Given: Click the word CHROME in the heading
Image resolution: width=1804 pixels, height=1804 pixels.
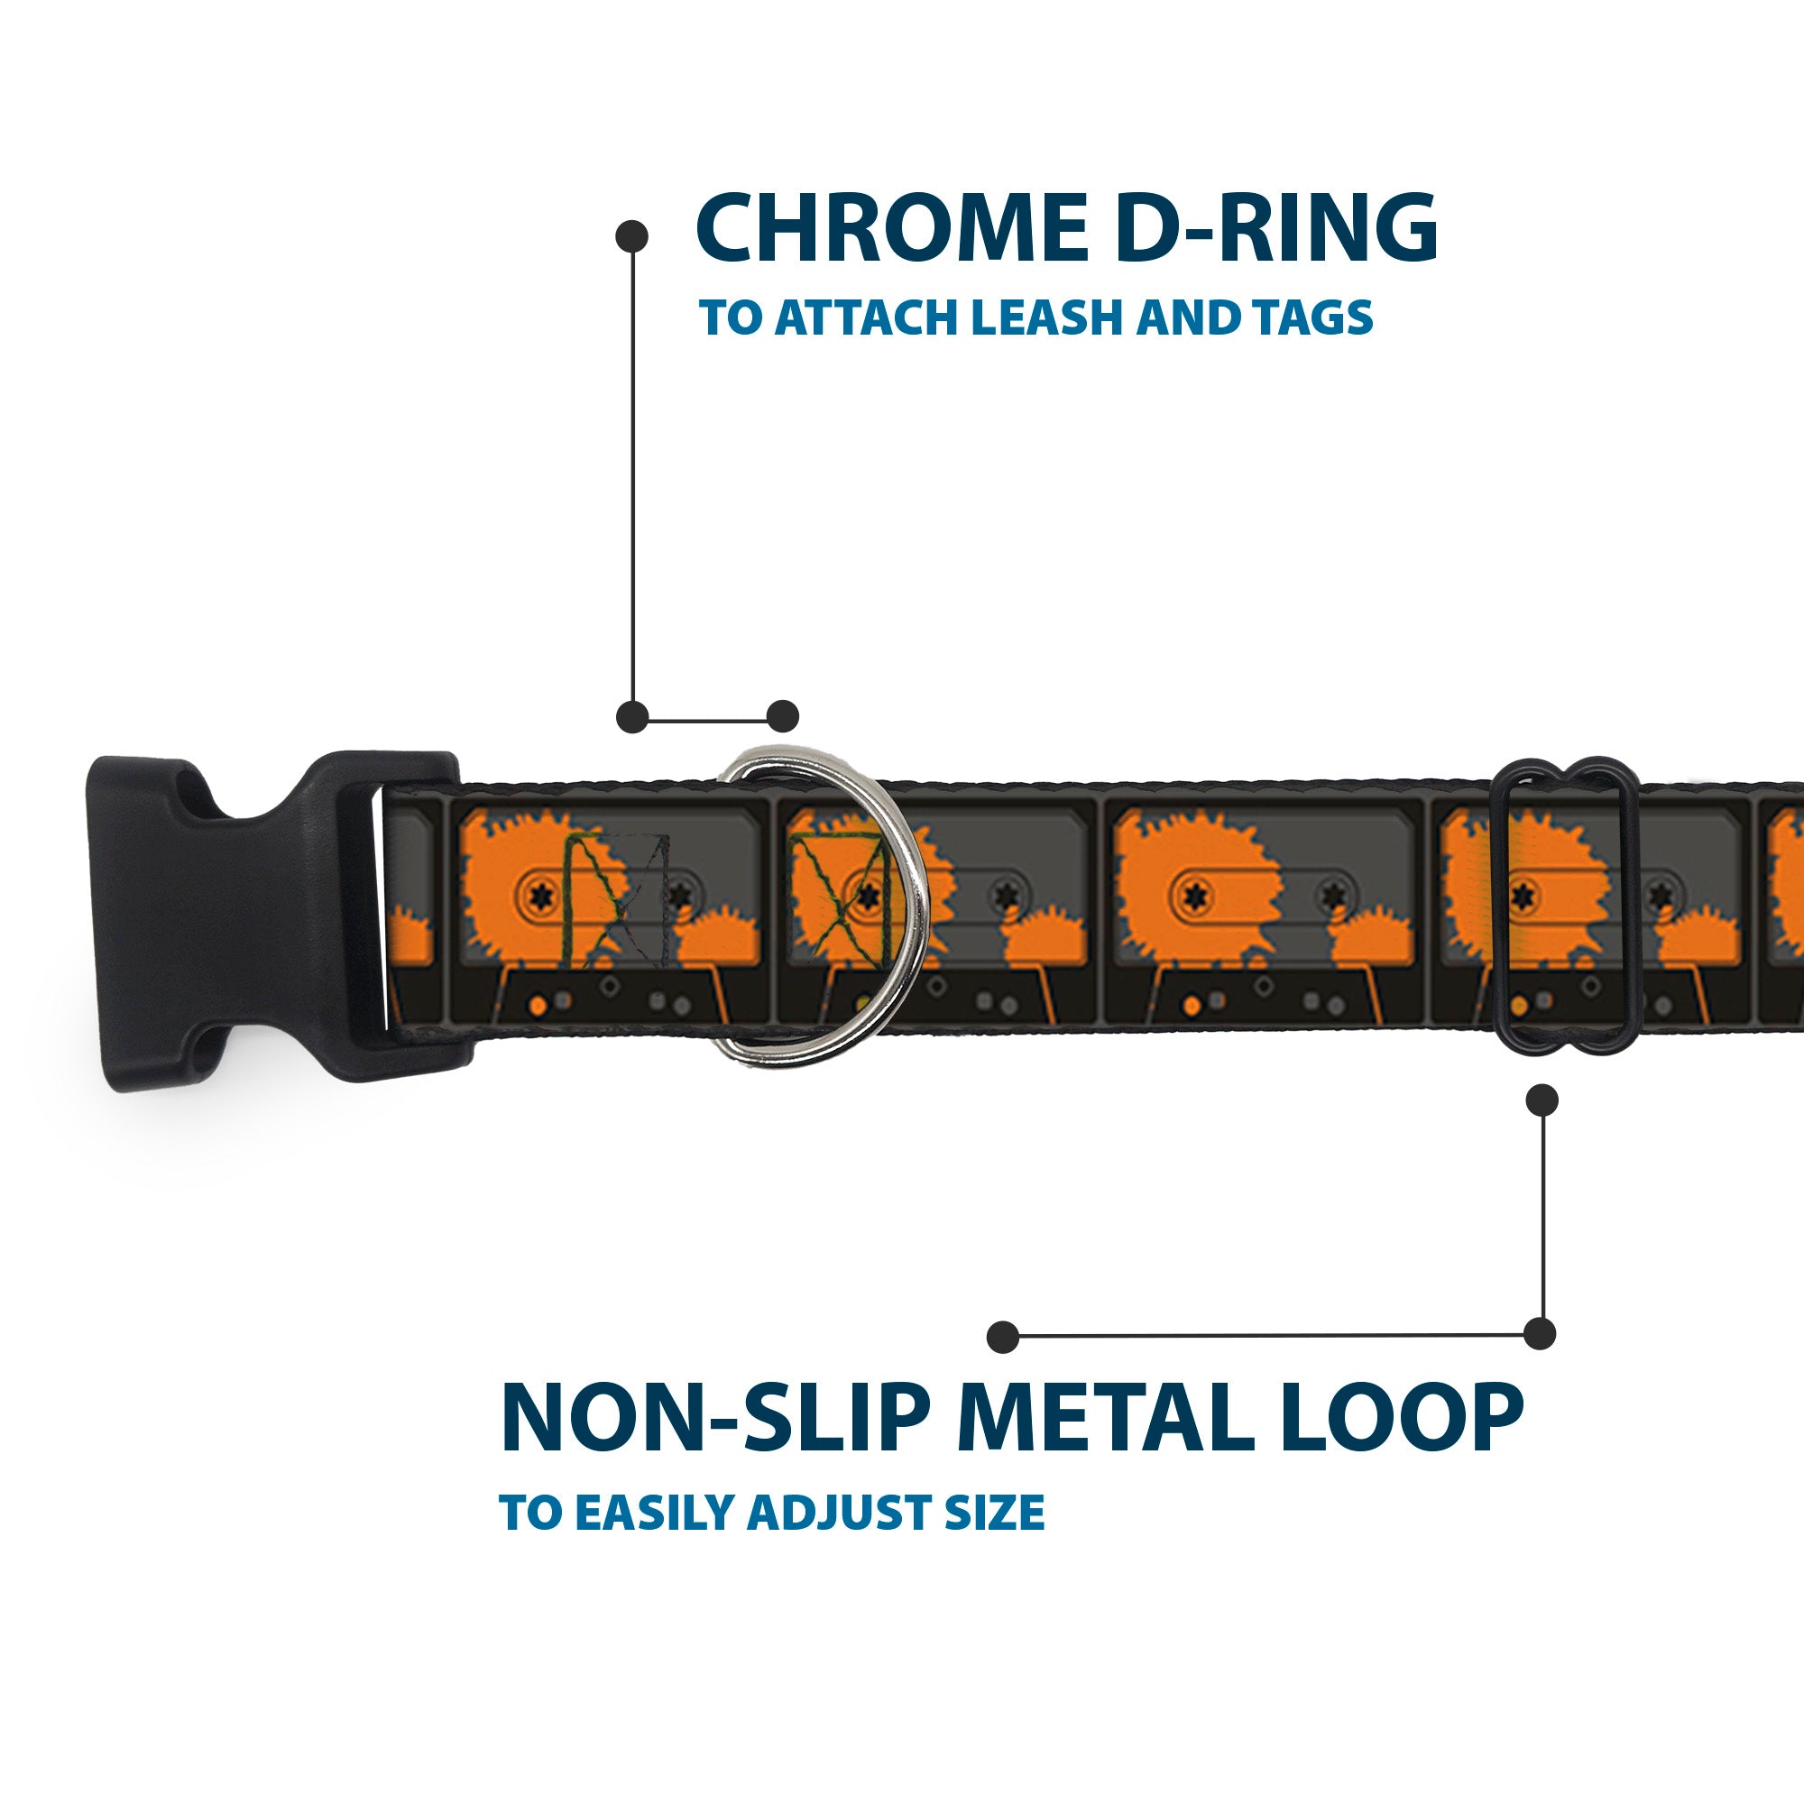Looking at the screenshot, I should tap(891, 228).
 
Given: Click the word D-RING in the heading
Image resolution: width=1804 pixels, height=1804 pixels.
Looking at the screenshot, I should tap(1275, 228).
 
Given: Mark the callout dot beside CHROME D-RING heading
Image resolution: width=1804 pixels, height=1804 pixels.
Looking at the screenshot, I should tap(632, 235).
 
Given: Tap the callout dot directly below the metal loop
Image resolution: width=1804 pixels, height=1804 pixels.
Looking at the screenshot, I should tap(1542, 1100).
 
